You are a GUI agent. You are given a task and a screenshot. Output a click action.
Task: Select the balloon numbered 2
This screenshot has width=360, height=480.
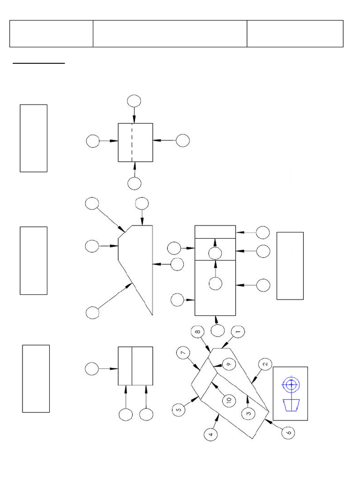coord(265,364)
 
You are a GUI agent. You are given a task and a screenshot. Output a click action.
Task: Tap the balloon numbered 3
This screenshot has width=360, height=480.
coord(247,413)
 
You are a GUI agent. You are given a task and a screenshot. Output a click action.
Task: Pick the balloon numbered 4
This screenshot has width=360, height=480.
coord(211,435)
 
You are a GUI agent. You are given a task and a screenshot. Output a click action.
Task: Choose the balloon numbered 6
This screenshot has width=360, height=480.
coord(289,432)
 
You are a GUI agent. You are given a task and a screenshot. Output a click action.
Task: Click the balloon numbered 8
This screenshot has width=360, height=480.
coord(198,332)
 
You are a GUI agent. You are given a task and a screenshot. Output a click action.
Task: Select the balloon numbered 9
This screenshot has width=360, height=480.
coord(228,364)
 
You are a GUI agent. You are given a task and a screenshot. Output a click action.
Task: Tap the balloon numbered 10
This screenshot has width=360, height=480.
coord(228,400)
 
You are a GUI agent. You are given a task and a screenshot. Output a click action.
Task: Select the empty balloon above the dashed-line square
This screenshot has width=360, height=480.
coord(134,100)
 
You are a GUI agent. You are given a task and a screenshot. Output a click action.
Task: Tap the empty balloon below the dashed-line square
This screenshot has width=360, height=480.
coord(134,183)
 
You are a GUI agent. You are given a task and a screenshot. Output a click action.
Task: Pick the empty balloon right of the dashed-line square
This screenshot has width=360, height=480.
coord(183,140)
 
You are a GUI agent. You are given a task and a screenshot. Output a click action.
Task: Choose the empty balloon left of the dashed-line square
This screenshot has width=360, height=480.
coord(93,141)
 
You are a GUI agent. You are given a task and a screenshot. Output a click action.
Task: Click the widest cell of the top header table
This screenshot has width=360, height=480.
coord(170,34)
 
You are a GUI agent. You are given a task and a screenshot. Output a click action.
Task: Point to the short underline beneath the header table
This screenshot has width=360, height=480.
coord(38,62)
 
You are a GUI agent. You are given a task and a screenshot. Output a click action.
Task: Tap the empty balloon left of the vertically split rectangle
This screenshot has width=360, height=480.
coord(92,369)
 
